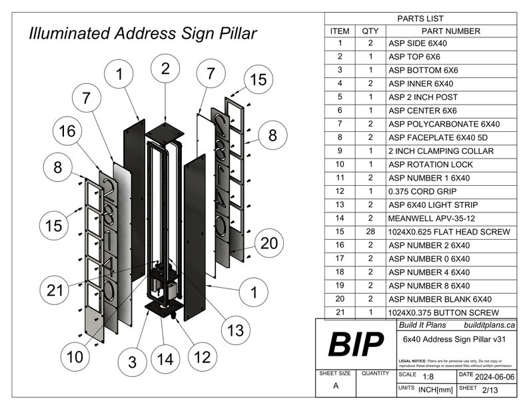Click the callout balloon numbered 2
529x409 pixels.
165,68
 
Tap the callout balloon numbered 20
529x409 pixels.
268,244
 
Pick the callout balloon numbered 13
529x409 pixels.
235,330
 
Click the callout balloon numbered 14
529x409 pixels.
165,360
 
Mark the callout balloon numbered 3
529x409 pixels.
133,362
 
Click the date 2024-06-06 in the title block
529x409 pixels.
494,376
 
